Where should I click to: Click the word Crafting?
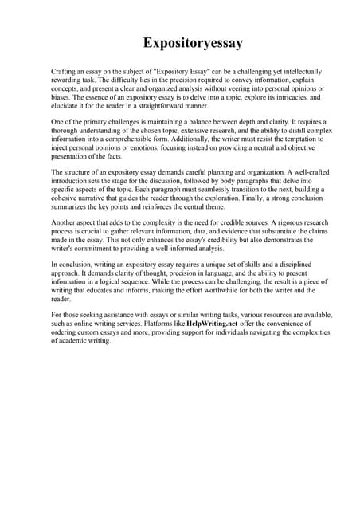[64, 73]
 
